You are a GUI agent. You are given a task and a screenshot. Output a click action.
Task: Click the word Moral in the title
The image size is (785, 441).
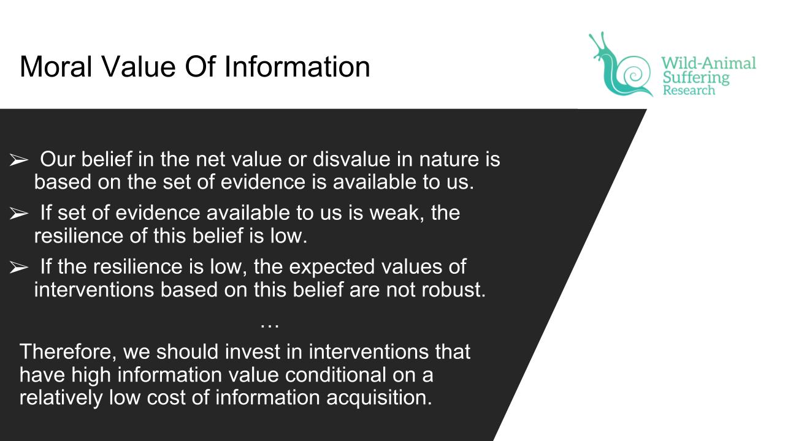point(56,67)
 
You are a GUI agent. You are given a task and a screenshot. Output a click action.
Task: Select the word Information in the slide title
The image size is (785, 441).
point(297,67)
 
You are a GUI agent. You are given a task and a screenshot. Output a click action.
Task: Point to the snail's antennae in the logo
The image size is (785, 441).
point(597,43)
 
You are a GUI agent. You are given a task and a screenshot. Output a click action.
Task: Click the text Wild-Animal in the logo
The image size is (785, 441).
point(708,63)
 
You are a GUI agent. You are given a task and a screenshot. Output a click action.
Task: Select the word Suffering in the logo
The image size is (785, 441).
point(696,78)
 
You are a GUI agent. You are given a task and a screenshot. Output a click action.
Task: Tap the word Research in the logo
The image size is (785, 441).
point(689,90)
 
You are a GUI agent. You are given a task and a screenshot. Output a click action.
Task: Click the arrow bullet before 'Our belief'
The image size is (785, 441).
point(18,160)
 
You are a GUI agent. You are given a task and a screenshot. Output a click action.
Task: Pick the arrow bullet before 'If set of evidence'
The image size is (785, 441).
point(18,213)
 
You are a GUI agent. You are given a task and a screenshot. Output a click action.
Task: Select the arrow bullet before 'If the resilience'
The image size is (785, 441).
point(18,267)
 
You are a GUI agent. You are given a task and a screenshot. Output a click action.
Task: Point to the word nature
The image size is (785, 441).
point(449,160)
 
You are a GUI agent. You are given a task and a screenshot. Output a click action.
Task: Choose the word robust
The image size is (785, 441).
point(453,290)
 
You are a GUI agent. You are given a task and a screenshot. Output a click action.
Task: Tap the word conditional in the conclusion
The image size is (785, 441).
point(335,374)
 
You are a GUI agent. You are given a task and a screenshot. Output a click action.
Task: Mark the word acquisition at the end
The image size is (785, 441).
point(379,398)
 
